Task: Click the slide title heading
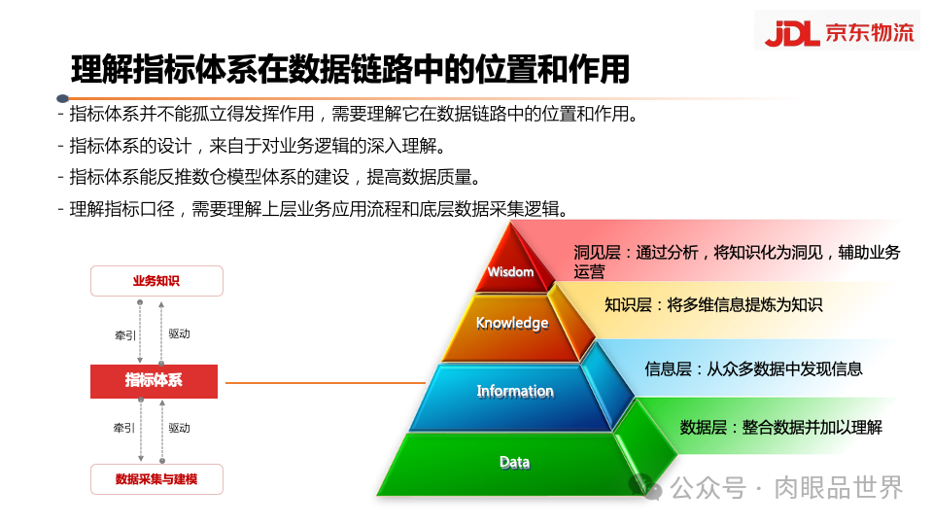tap(350, 70)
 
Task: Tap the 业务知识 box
tap(156, 281)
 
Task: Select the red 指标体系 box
tap(154, 381)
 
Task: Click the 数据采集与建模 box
tap(156, 479)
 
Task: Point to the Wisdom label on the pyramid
tap(510, 272)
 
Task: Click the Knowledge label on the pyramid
tap(512, 323)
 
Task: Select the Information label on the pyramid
tap(515, 391)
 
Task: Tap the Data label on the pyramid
tap(515, 462)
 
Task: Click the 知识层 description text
tap(712, 305)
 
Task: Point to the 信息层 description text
tap(753, 369)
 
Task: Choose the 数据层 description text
tap(780, 427)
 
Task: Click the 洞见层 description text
tap(737, 262)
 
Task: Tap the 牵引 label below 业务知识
tap(125, 334)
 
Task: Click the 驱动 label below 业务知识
tap(179, 333)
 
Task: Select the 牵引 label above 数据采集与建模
tap(125, 428)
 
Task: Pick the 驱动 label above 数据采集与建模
tap(179, 428)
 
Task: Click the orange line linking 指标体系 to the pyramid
tap(321, 383)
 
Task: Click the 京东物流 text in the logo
tap(870, 33)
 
